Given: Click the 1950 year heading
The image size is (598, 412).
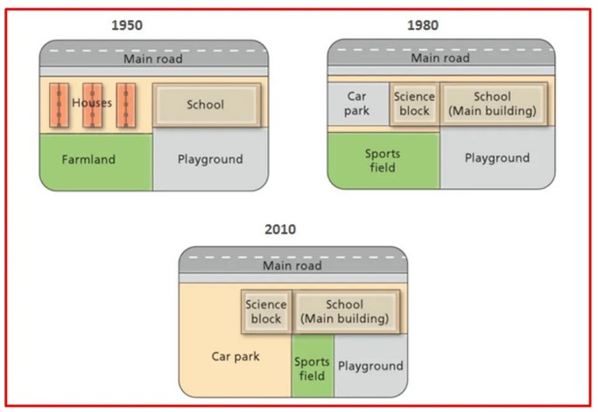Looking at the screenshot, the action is pyautogui.click(x=127, y=25).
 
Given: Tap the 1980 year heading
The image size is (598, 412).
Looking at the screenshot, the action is pyautogui.click(x=423, y=25).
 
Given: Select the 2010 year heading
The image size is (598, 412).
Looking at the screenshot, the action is pyautogui.click(x=280, y=229).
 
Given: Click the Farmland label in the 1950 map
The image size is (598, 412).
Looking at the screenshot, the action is pyautogui.click(x=88, y=159).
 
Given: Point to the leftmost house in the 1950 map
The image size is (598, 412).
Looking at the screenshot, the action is pyautogui.click(x=60, y=105).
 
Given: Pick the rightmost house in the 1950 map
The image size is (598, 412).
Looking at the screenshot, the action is pyautogui.click(x=126, y=105).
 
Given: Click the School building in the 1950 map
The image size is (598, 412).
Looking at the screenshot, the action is pyautogui.click(x=207, y=105).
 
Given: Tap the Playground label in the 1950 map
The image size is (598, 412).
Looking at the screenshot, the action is pyautogui.click(x=210, y=159).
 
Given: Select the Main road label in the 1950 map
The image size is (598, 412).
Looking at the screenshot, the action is pyautogui.click(x=153, y=59).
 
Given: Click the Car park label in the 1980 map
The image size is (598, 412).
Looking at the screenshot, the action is pyautogui.click(x=356, y=103).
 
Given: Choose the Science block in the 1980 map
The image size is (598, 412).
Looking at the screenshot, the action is pyautogui.click(x=414, y=104).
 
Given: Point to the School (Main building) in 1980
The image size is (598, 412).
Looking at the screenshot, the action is pyautogui.click(x=494, y=104).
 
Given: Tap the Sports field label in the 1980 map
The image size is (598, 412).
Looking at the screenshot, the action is pyautogui.click(x=383, y=160).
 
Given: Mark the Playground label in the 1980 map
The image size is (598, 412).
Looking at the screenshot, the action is pyautogui.click(x=497, y=158).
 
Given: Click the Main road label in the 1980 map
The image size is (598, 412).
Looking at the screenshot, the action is pyautogui.click(x=440, y=58).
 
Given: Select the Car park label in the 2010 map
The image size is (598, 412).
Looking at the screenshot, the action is pyautogui.click(x=236, y=356).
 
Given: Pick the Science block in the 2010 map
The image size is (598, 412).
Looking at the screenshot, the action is pyautogui.click(x=266, y=311).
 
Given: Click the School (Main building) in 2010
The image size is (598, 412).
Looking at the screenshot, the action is pyautogui.click(x=346, y=311).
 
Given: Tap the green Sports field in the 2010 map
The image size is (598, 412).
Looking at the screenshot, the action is pyautogui.click(x=313, y=366).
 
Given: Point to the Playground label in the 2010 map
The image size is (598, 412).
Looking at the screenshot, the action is pyautogui.click(x=370, y=367).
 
